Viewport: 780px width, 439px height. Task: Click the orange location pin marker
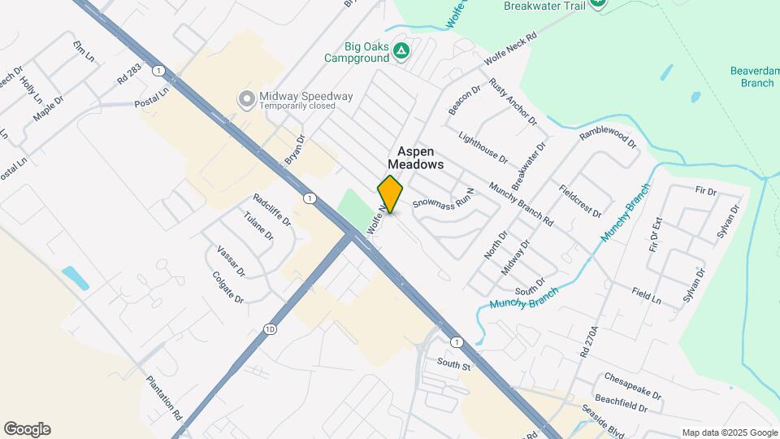[x=390, y=193]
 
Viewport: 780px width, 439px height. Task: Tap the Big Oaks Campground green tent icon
[x=401, y=51]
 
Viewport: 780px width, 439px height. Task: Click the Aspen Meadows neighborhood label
[x=420, y=158]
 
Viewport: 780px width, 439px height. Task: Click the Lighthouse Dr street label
[x=483, y=147]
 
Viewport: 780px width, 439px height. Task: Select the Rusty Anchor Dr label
[x=513, y=102]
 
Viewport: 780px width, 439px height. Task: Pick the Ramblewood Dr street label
[x=609, y=137]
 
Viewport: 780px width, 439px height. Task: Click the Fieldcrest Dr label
[x=580, y=201]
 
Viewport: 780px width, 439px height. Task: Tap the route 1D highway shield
[x=269, y=329]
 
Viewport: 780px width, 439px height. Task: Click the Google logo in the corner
[x=27, y=429]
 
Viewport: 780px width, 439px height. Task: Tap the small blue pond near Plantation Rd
[x=75, y=277]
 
